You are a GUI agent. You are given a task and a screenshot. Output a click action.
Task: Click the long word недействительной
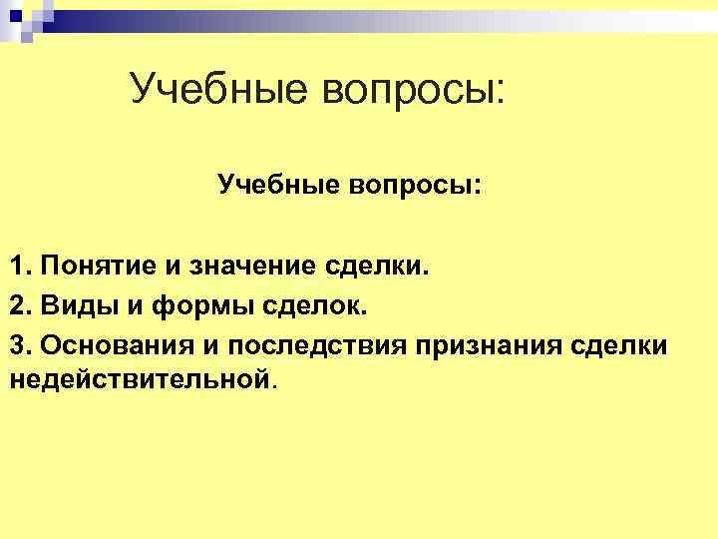click(140, 379)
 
